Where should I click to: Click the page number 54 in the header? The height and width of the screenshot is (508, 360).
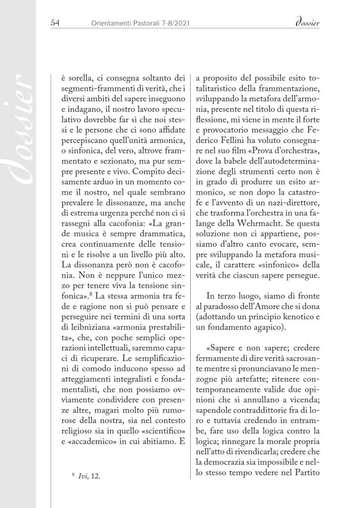click(x=56, y=22)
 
